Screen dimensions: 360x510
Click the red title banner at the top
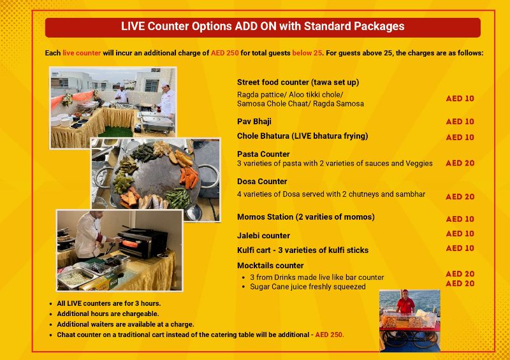pyautogui.click(x=262, y=27)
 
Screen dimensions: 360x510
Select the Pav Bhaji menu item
pyautogui.click(x=254, y=121)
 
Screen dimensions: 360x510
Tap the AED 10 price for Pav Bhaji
pyautogui.click(x=460, y=122)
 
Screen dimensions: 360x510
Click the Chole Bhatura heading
pyautogui.click(x=302, y=136)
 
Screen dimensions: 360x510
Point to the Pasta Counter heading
pyautogui.click(x=263, y=154)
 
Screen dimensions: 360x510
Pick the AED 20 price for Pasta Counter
pyautogui.click(x=460, y=163)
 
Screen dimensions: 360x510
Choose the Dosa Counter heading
pyautogui.click(x=262, y=182)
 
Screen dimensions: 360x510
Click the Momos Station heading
pyautogui.click(x=305, y=217)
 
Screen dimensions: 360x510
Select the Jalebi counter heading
pyautogui.click(x=263, y=236)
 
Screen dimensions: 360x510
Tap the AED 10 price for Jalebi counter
pyautogui.click(x=460, y=234)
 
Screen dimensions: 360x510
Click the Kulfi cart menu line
pyautogui.click(x=303, y=250)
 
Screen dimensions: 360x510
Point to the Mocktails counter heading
pyautogui.click(x=270, y=266)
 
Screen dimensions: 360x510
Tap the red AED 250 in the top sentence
pyautogui.click(x=224, y=53)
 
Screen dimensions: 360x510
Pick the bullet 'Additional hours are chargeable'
pyautogui.click(x=108, y=314)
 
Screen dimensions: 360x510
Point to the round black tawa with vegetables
pyautogui.click(x=155, y=178)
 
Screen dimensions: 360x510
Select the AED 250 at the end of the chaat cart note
pyautogui.click(x=330, y=335)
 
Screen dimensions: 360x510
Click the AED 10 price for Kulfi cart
pyautogui.click(x=460, y=248)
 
